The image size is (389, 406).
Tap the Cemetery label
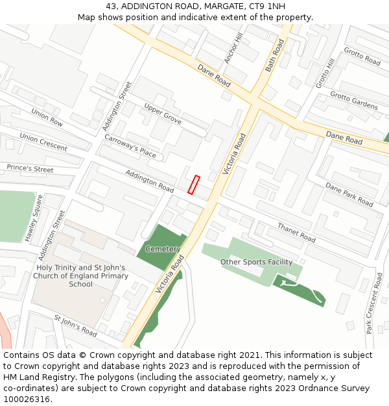(x=163, y=249)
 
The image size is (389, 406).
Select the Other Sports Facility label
(x=257, y=262)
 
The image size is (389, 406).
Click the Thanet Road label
(x=296, y=233)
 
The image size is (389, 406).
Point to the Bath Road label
(x=275, y=55)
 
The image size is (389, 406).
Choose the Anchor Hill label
(x=233, y=49)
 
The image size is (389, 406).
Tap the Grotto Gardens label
(x=353, y=101)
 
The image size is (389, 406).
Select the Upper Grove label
(x=163, y=114)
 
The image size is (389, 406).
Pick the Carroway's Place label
(x=130, y=146)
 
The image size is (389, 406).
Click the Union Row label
(x=47, y=118)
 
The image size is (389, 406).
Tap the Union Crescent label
(x=43, y=142)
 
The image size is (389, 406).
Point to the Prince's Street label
(x=30, y=169)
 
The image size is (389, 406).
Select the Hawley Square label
(x=34, y=218)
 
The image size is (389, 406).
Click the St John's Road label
(x=75, y=326)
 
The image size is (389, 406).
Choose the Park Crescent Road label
(x=374, y=303)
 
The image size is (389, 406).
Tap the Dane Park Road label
(x=349, y=194)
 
